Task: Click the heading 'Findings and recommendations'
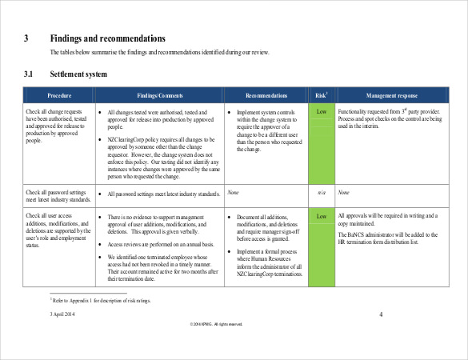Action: (108, 38)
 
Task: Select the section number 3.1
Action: (29, 74)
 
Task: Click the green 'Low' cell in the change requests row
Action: (321, 111)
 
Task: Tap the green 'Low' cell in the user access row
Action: (321, 216)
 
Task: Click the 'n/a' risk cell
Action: (321, 193)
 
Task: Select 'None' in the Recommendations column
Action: (234, 193)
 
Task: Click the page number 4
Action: (382, 314)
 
